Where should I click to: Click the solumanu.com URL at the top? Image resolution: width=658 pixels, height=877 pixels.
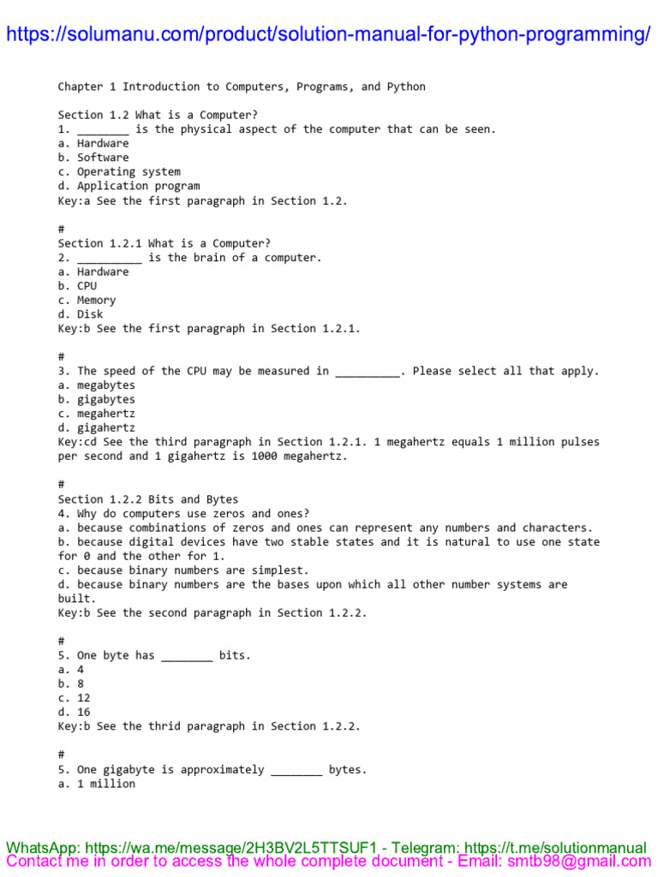click(328, 34)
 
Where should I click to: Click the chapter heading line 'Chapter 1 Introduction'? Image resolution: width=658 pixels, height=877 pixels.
click(241, 87)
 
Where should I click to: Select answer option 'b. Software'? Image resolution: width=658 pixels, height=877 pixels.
click(93, 158)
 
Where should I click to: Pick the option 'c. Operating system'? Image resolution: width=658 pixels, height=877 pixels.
click(119, 171)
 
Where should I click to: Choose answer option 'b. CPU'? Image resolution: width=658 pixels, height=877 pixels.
click(77, 286)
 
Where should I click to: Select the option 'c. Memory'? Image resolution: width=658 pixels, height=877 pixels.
click(87, 300)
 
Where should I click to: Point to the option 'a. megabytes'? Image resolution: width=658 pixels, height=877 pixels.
click(96, 385)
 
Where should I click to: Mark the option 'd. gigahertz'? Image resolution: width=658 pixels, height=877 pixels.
click(96, 428)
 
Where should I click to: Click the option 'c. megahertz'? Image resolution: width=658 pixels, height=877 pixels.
click(96, 414)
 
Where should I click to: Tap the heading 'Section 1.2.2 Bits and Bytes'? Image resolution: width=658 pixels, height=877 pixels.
click(148, 499)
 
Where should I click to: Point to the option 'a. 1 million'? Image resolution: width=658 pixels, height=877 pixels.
click(96, 784)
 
